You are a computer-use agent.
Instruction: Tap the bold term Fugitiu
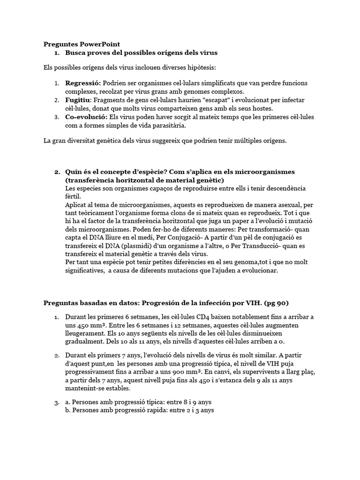coord(77,100)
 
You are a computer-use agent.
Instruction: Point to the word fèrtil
coord(73,196)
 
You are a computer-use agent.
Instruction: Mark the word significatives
coord(84,271)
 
